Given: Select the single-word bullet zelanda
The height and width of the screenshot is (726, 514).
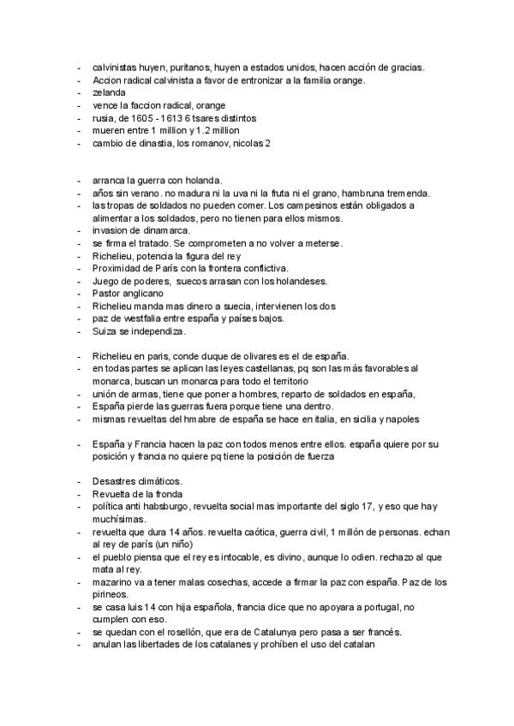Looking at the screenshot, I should tap(109, 92).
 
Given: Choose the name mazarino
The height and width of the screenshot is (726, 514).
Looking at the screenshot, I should tap(115, 582).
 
